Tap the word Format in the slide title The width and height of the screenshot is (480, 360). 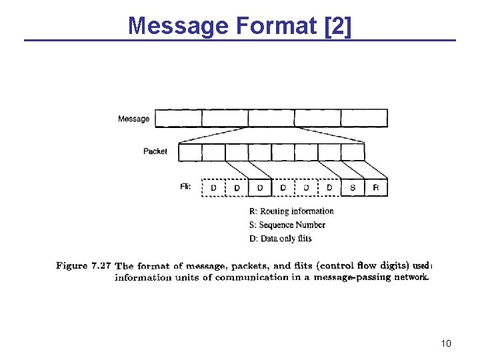(x=275, y=25)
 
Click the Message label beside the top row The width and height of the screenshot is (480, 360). (x=133, y=119)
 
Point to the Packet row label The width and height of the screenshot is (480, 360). (x=155, y=151)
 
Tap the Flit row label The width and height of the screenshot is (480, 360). (x=185, y=187)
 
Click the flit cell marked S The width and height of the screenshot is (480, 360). (x=353, y=188)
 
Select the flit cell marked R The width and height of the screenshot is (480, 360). (x=376, y=188)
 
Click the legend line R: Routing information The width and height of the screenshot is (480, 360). (x=291, y=211)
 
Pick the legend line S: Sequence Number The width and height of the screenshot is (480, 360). (x=287, y=225)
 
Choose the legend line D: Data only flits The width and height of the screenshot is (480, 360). (x=280, y=239)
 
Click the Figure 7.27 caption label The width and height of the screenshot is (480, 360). (x=83, y=265)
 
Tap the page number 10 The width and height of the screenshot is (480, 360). (x=446, y=343)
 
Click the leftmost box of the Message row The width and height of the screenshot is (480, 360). (x=178, y=119)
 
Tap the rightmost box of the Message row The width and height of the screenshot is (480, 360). (x=364, y=119)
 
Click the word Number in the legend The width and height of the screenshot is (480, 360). (x=310, y=225)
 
